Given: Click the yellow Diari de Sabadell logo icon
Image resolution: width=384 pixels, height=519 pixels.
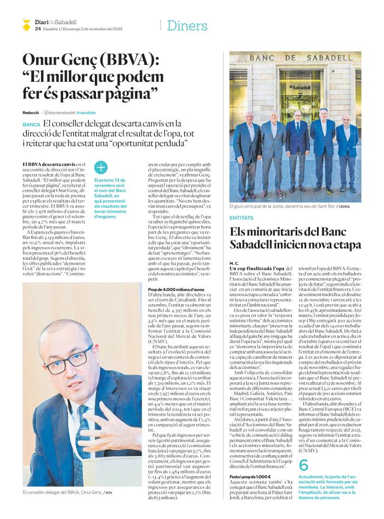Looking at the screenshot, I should pos(26,25).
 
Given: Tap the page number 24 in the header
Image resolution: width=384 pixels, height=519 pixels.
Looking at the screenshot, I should pos(37,29).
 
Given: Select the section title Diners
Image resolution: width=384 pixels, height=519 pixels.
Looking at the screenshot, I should pos(187,25).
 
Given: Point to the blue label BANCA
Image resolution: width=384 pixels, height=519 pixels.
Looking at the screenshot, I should pos(31,125).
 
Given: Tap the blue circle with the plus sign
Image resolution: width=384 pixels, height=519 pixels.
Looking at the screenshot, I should pos(101,168).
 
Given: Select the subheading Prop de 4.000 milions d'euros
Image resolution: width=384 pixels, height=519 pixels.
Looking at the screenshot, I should pos(176,289).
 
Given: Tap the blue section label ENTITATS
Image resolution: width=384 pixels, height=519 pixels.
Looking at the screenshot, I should pos(241,218).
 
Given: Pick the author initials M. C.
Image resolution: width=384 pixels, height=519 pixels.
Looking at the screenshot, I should pos(234,263).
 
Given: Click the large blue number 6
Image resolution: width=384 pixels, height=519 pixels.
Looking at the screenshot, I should pos(303,466).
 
